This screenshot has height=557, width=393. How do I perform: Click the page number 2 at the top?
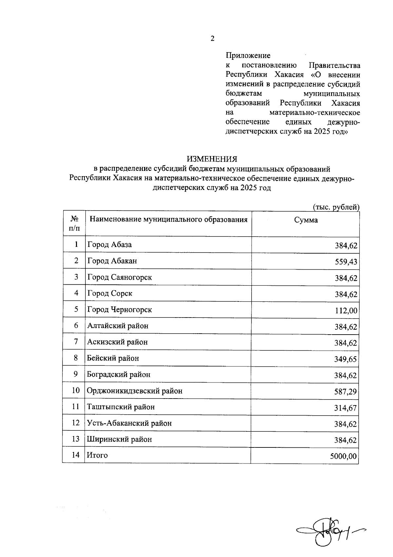click(x=212, y=39)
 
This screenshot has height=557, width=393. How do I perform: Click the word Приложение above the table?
click(x=248, y=55)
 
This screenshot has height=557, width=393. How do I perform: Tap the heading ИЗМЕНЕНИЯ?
click(x=212, y=159)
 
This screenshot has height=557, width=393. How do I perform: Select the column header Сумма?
click(x=306, y=220)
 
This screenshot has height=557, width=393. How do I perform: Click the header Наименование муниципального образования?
click(x=168, y=219)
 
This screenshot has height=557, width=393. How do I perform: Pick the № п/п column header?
click(x=74, y=223)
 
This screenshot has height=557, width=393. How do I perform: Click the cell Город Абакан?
click(x=112, y=261)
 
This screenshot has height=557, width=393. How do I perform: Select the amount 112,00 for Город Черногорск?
click(x=346, y=311)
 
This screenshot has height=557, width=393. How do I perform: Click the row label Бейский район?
click(x=113, y=358)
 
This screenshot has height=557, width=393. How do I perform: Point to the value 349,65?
click(x=346, y=359)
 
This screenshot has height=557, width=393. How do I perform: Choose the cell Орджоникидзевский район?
click(x=135, y=391)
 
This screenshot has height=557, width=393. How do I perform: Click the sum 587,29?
click(x=346, y=392)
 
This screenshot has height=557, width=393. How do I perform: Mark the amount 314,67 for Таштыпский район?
click(x=346, y=408)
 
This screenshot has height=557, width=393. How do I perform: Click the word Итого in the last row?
click(x=97, y=455)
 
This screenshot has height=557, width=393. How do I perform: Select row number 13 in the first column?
click(x=76, y=439)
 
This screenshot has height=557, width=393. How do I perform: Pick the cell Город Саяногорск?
click(x=120, y=277)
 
